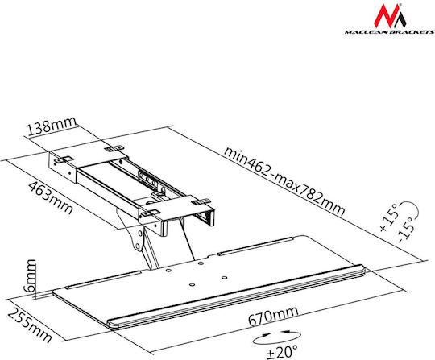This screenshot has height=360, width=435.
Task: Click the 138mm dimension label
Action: (x=52, y=126)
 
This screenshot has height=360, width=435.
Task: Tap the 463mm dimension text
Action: (x=51, y=197)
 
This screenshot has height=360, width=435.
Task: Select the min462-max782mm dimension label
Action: (x=284, y=182)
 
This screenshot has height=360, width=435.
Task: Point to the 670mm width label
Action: (x=273, y=317)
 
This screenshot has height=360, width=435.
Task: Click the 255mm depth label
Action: (x=30, y=325)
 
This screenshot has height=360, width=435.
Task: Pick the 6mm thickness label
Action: (x=30, y=275)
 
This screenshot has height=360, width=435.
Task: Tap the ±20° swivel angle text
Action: (x=282, y=351)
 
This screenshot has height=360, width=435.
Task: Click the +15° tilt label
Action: (x=389, y=217)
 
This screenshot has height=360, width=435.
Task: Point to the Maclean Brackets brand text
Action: (x=389, y=32)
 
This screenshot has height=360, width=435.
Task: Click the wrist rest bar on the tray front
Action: (x=236, y=296)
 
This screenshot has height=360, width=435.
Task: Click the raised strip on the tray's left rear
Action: (x=103, y=279)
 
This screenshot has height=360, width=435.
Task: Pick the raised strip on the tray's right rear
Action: (x=255, y=246)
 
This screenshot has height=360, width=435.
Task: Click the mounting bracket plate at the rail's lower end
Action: (x=177, y=212)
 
